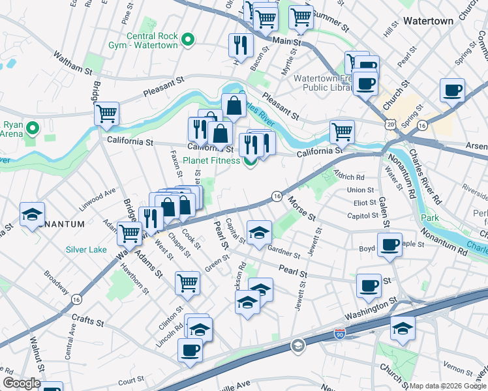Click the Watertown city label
tap(427, 21)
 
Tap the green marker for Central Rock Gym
tap(189, 40)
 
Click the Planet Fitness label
tap(214, 161)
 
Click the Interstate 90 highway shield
tap(339, 334)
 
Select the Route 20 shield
tap(390, 123)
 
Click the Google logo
tap(22, 383)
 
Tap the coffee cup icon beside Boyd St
tap(389, 246)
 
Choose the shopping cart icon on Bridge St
tap(106, 113)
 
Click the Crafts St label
tap(88, 321)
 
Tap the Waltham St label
tap(73, 63)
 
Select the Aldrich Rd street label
tap(349, 177)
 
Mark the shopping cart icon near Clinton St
tap(187, 283)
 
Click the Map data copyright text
tap(447, 386)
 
